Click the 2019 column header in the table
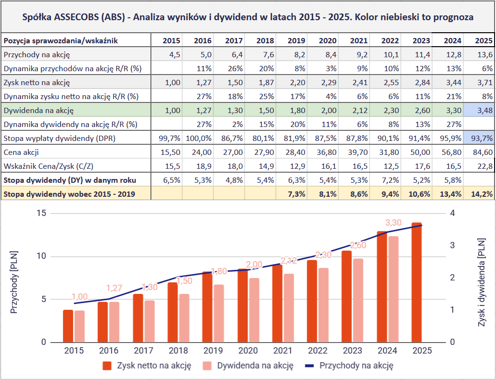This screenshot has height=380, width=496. coord(296,40)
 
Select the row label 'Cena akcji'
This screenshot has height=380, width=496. coord(22,152)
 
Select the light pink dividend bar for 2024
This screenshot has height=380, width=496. coord(394,289)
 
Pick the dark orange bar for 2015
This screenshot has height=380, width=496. coord(68,326)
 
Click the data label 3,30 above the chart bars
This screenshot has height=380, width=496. coord(394,223)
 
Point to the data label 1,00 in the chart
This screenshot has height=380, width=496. coord(80,297)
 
